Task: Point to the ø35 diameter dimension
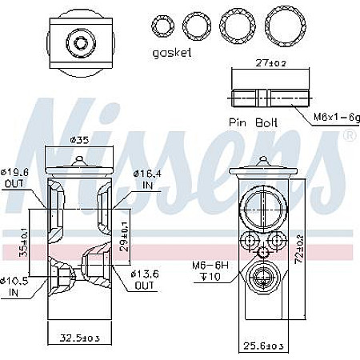tap(79, 142)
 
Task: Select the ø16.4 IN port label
tap(147, 177)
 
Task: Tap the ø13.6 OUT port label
tap(146, 280)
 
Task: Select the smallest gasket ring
tap(165, 26)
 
